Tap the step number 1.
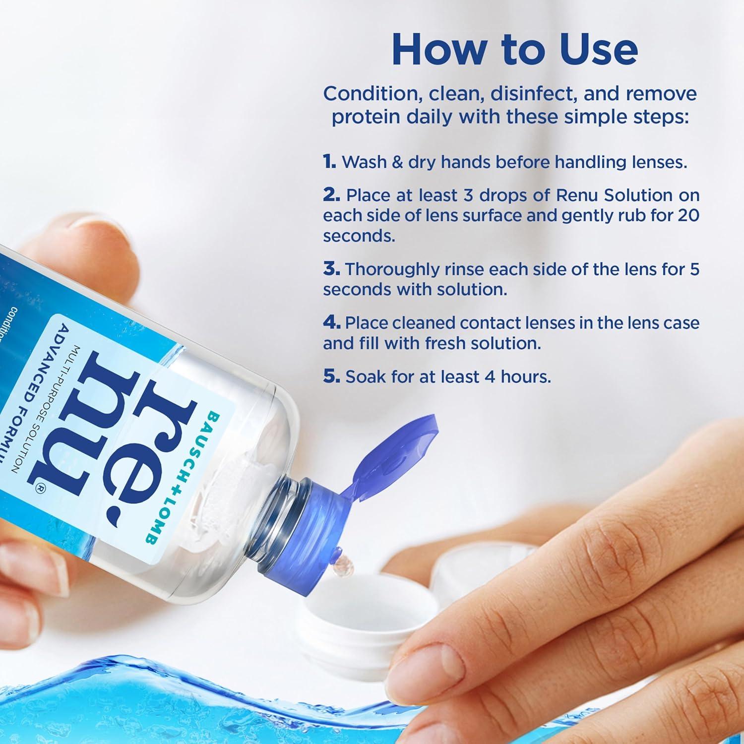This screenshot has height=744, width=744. (329, 162)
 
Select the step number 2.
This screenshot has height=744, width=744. (331, 195)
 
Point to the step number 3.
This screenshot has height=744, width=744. (331, 269)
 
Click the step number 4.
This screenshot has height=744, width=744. (331, 323)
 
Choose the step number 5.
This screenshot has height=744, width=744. (331, 376)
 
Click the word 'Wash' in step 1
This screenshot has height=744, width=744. (365, 162)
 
